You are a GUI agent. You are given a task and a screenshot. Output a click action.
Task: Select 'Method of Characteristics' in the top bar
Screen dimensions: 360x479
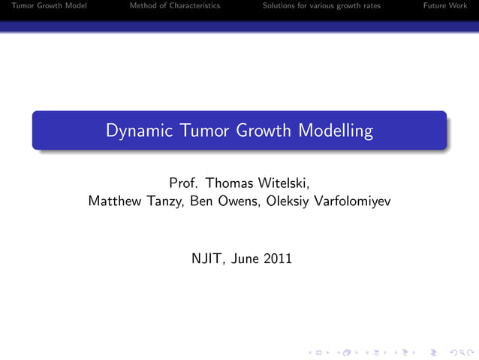(x=175, y=6)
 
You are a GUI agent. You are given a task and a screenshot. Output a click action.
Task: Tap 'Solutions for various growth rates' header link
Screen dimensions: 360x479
(x=321, y=6)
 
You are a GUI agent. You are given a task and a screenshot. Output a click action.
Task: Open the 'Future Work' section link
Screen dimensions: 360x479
(x=445, y=6)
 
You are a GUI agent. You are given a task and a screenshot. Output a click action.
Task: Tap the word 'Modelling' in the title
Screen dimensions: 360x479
(x=336, y=132)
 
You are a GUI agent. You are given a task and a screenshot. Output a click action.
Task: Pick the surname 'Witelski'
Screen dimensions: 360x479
(x=281, y=183)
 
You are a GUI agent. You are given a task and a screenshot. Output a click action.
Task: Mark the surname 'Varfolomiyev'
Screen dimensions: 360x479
(x=352, y=202)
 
